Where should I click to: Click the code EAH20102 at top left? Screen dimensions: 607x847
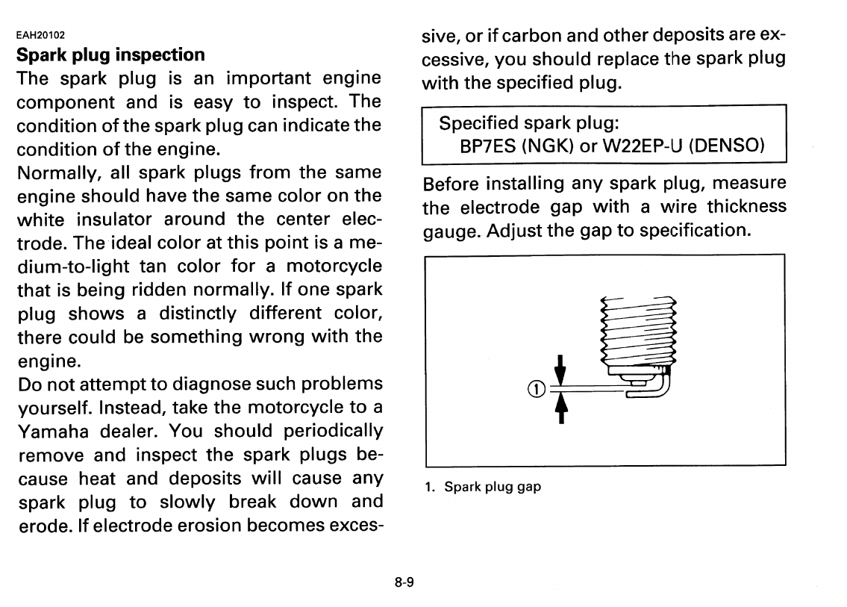click(x=41, y=34)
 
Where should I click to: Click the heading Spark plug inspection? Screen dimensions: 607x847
click(x=110, y=55)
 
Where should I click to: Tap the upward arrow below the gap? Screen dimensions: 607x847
click(x=561, y=408)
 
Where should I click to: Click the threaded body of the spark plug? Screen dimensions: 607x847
click(x=637, y=329)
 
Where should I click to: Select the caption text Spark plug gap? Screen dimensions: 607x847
click(x=493, y=487)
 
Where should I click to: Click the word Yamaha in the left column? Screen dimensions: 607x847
click(x=51, y=432)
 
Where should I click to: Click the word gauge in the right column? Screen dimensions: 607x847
click(x=451, y=231)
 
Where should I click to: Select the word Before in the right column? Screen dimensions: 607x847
click(x=450, y=183)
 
